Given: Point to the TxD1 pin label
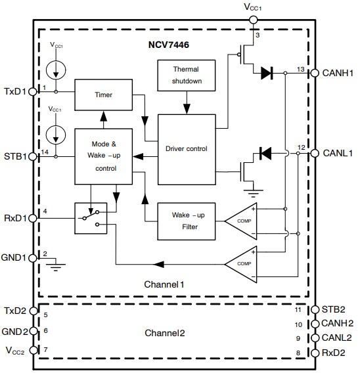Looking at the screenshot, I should [x=14, y=91].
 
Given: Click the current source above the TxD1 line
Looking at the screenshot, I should [x=56, y=68].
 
